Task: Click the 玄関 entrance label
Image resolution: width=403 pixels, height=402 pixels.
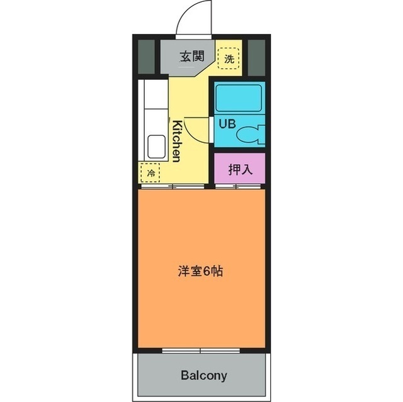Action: pyautogui.click(x=192, y=56)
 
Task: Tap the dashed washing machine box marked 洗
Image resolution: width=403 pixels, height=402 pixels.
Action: pyautogui.click(x=229, y=59)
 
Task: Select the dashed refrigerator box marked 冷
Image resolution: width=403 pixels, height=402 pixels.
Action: pyautogui.click(x=150, y=172)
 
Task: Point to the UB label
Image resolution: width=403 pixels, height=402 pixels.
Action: pyautogui.click(x=227, y=123)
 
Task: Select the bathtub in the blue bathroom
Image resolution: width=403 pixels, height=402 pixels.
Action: pyautogui.click(x=238, y=98)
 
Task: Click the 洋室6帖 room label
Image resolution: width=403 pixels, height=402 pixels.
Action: pyautogui.click(x=198, y=272)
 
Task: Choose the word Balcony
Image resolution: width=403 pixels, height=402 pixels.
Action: pyautogui.click(x=203, y=376)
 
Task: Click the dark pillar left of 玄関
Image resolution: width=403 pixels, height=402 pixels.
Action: pyautogui.click(x=146, y=57)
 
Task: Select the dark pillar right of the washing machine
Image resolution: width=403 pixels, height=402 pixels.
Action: pyautogui.click(x=256, y=57)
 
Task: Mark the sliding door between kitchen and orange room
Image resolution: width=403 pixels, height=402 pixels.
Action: pyautogui.click(x=172, y=187)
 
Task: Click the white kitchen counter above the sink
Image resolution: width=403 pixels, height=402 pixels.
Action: pyautogui.click(x=152, y=104)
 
